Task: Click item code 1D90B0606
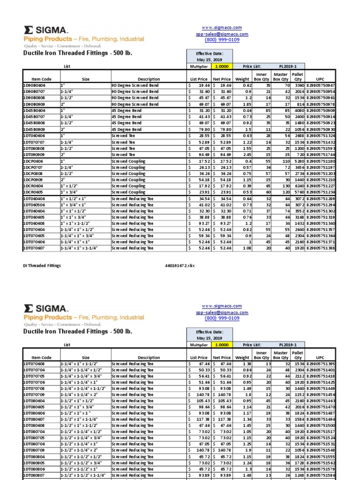click(x=35, y=86)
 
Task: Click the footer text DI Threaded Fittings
click(x=42, y=266)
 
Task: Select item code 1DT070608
click(x=35, y=364)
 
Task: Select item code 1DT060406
click(x=35, y=198)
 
